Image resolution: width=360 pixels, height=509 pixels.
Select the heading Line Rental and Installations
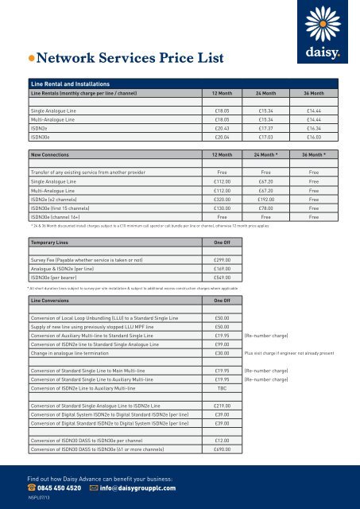coord(69,83)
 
